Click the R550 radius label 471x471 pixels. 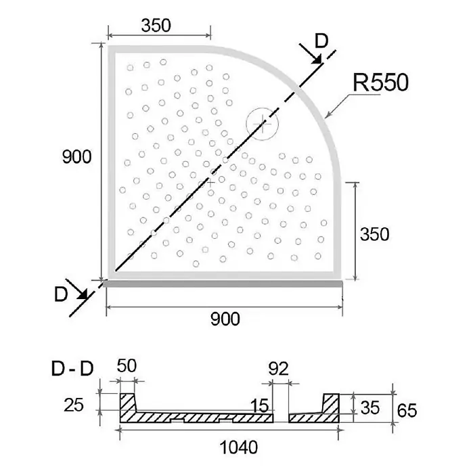380,83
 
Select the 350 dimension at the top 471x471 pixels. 156,26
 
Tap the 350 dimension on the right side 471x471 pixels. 374,234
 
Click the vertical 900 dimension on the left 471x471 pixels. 76,157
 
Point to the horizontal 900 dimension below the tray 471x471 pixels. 225,319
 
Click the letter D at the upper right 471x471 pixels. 321,41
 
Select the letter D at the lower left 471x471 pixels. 61,294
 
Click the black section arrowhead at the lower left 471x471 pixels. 82,294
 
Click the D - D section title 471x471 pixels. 72,369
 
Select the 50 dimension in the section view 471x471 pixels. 127,366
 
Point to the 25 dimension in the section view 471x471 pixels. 74,405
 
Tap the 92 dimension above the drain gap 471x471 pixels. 278,369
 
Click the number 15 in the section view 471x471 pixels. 260,406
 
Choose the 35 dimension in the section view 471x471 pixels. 369,408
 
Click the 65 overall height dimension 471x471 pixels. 407,411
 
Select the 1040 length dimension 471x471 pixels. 239,447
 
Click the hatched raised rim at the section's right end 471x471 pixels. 331,404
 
